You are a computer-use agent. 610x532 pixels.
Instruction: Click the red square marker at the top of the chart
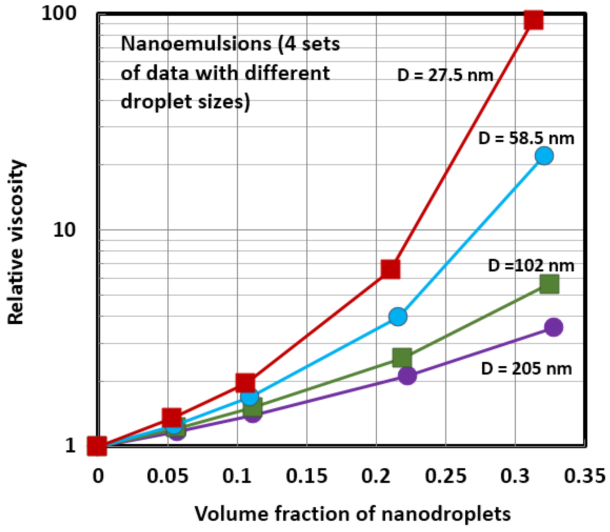(533, 20)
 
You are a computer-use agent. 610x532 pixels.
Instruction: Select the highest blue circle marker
(544, 156)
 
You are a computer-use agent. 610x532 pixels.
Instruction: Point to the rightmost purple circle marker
(553, 327)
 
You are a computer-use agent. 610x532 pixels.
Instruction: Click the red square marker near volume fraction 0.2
(390, 269)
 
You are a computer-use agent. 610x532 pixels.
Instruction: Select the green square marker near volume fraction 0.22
(402, 358)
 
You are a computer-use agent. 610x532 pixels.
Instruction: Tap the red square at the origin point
(97, 446)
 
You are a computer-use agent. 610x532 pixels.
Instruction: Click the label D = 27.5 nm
(445, 75)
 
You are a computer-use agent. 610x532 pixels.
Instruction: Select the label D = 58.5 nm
(526, 139)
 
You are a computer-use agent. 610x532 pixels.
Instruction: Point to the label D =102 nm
(531, 266)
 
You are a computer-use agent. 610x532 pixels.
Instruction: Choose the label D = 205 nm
(526, 369)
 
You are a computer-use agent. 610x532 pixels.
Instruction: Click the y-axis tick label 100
(59, 14)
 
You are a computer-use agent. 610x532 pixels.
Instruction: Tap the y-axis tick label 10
(64, 230)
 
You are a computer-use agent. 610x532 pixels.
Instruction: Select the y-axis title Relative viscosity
(15, 242)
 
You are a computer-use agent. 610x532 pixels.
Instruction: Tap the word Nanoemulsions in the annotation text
(196, 44)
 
